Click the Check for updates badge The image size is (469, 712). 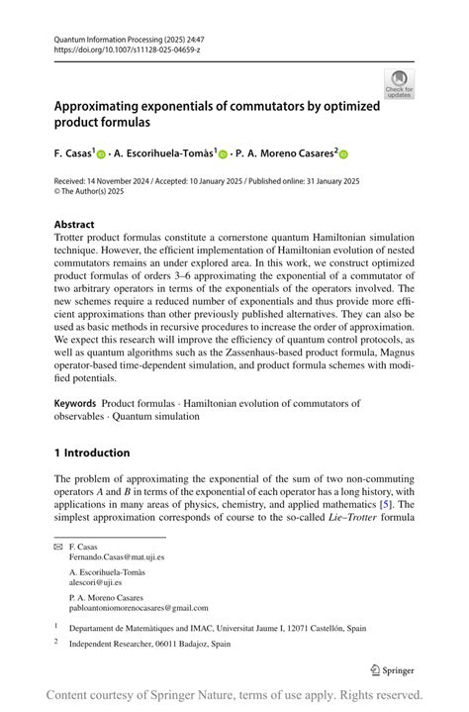tap(399, 83)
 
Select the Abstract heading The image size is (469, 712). tap(74, 225)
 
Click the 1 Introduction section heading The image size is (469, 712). tap(92, 453)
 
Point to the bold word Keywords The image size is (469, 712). tap(75, 403)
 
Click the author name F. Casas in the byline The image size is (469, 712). tap(72, 153)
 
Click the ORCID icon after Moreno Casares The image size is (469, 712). tap(344, 154)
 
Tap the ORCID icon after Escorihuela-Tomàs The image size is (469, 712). tap(224, 154)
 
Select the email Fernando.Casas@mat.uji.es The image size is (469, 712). tap(117, 557)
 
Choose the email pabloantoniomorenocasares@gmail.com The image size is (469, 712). tap(139, 608)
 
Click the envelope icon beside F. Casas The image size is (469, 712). tap(58, 546)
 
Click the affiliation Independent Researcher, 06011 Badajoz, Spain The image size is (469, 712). tap(149, 643)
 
